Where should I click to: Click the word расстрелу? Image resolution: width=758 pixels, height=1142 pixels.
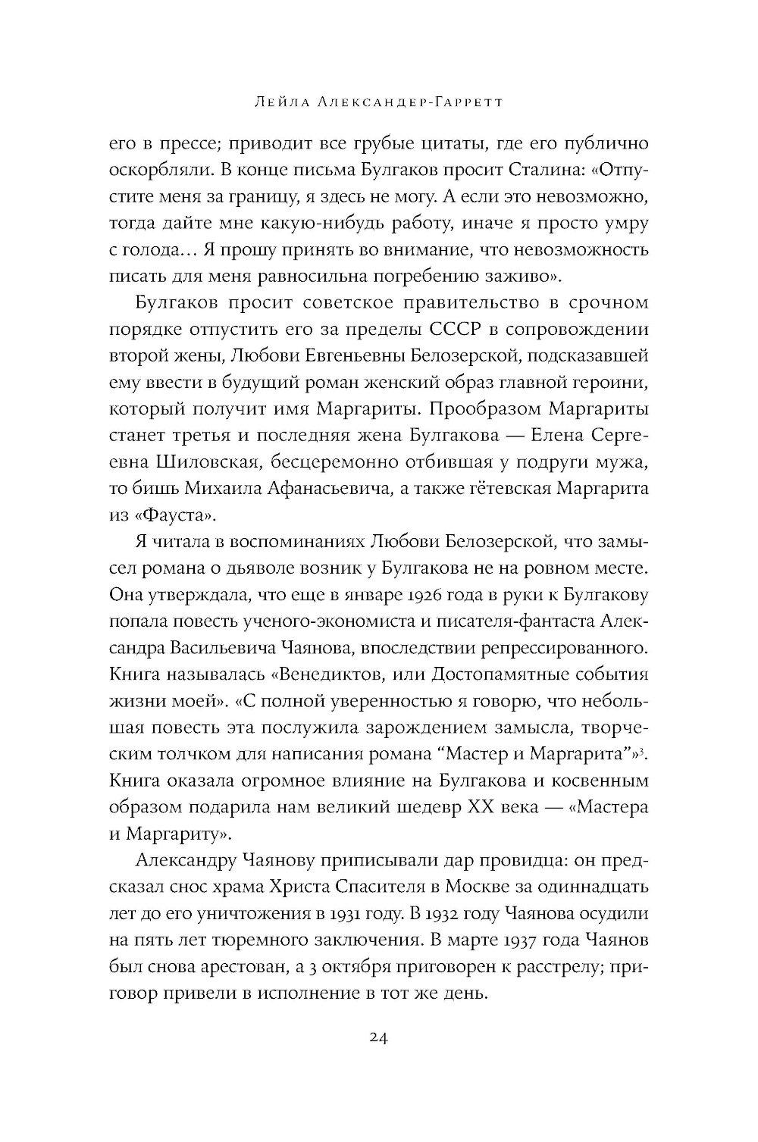point(550,966)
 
